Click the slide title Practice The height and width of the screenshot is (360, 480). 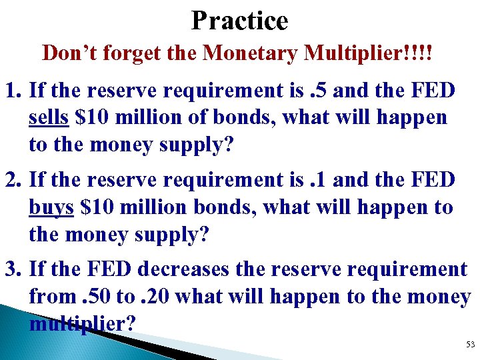pyautogui.click(x=239, y=21)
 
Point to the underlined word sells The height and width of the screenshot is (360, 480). pyautogui.click(x=49, y=118)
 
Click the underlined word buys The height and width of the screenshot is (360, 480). pyautogui.click(x=51, y=208)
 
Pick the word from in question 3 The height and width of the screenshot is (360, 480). pyautogui.click(x=49, y=297)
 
